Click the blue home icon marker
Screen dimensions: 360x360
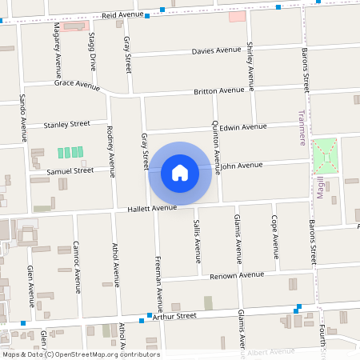pos(180,172)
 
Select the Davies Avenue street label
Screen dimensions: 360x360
pos(216,51)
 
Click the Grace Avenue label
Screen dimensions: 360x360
pos(77,84)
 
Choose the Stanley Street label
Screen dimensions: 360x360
pos(67,124)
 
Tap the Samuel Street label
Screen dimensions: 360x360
pos(70,170)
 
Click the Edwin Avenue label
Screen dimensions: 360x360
pos(243,127)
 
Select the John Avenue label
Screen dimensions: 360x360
pos(241,166)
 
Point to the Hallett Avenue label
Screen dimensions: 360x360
pos(152,208)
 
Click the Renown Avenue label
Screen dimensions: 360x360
pos(237,275)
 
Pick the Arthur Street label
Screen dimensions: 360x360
pos(174,317)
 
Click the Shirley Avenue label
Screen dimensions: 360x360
pos(250,65)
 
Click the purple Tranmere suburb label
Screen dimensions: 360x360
pos(302,128)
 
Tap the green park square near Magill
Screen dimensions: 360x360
pos(325,155)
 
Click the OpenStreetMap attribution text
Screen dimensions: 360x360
pos(80,354)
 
